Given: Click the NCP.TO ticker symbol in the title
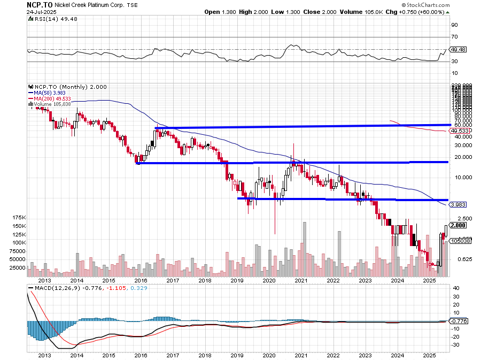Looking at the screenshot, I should tap(40, 4).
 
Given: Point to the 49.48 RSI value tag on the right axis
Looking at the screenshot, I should tap(460, 49).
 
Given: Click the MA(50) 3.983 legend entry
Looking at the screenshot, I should tap(52, 93).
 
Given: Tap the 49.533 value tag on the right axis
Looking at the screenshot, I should tap(460, 131).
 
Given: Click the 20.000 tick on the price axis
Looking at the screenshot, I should tap(461, 157).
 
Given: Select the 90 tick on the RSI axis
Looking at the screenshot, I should tap(455, 25).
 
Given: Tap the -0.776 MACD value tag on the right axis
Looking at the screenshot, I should tap(460, 321).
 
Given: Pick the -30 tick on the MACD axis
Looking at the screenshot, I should tap(456, 345).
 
